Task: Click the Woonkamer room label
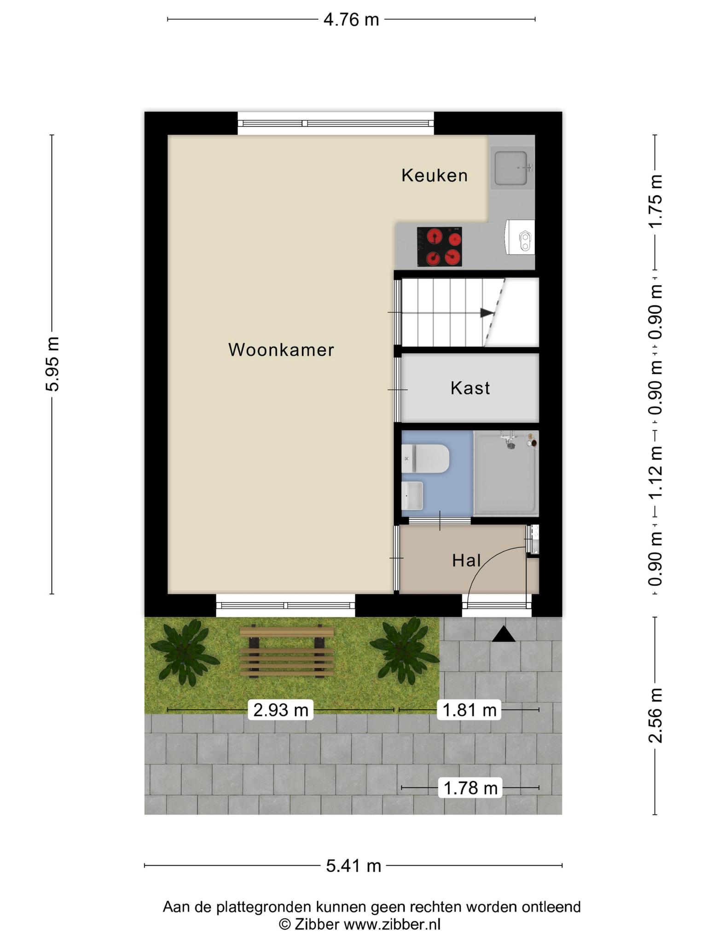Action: pyautogui.click(x=281, y=350)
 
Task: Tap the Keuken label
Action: pyautogui.click(x=435, y=175)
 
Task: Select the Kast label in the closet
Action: pyautogui.click(x=470, y=388)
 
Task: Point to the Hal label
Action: pyautogui.click(x=466, y=560)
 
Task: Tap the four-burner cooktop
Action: pyautogui.click(x=440, y=247)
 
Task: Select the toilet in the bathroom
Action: pyautogui.click(x=425, y=459)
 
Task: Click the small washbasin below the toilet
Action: pyautogui.click(x=412, y=495)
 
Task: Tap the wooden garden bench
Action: pyautogui.click(x=287, y=651)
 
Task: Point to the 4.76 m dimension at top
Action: pyautogui.click(x=351, y=19)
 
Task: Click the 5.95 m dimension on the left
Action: pyautogui.click(x=52, y=364)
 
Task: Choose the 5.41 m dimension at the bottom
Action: pyautogui.click(x=353, y=866)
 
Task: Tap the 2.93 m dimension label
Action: pyautogui.click(x=281, y=710)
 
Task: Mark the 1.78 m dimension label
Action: pyautogui.click(x=470, y=788)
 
